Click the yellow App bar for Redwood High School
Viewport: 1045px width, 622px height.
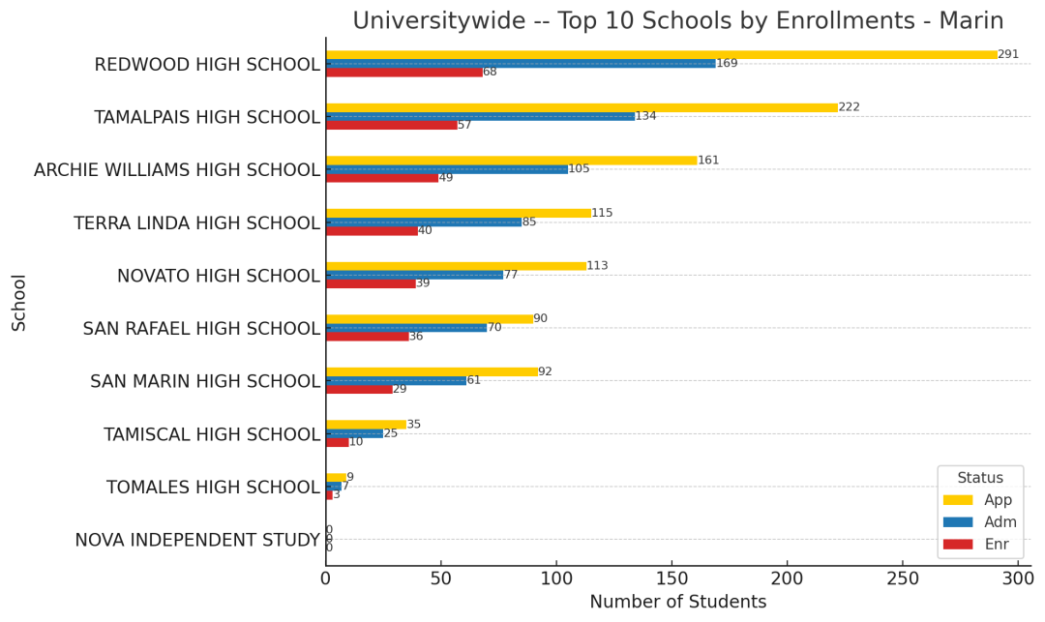[x=662, y=55]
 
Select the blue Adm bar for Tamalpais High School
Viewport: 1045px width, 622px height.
[x=480, y=116]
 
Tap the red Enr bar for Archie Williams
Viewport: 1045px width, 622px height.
[x=382, y=178]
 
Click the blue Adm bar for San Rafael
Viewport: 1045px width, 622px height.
[x=406, y=328]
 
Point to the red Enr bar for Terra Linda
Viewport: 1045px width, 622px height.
[x=372, y=230]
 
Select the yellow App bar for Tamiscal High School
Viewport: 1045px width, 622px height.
[x=366, y=424]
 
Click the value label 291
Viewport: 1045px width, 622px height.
[x=1008, y=54]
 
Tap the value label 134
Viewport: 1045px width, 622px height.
[x=645, y=116]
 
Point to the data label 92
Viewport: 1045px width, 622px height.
[x=545, y=371]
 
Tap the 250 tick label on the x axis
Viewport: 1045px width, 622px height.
[x=902, y=578]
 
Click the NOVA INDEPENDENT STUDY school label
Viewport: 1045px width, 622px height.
[x=196, y=540]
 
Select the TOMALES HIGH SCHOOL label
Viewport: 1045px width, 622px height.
[x=213, y=487]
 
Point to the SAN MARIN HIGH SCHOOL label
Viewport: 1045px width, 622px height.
[x=205, y=381]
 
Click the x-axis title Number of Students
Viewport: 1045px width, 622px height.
[x=677, y=602]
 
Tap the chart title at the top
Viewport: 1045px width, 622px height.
[x=677, y=20]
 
